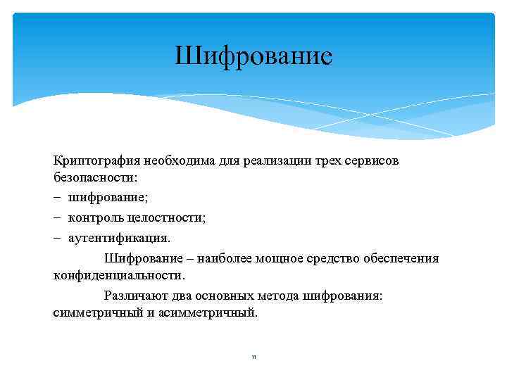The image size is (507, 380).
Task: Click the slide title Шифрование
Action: tap(254, 56)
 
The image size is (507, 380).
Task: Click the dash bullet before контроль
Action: tap(57, 218)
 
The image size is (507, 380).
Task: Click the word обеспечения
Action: tap(400, 259)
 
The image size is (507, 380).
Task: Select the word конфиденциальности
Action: tap(118, 274)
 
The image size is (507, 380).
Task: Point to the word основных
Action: tap(226, 296)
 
